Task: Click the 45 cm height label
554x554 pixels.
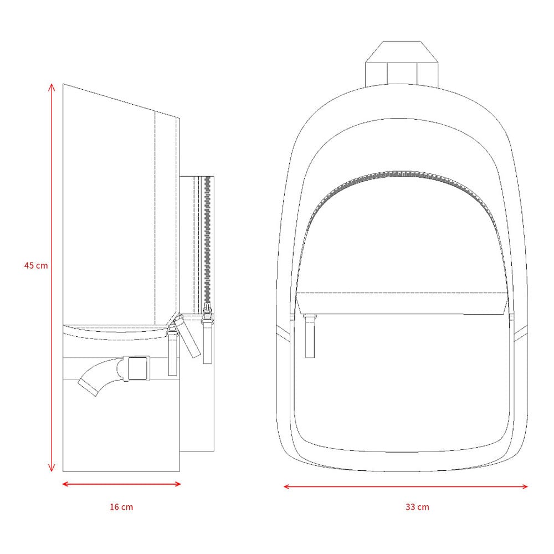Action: [x=35, y=265]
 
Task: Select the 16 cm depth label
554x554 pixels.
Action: [x=121, y=507]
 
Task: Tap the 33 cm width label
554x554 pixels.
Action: [x=417, y=507]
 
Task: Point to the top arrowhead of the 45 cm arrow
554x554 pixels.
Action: [x=52, y=87]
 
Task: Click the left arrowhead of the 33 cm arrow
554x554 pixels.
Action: [x=287, y=486]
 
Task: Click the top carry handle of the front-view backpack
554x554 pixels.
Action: [x=402, y=64]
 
